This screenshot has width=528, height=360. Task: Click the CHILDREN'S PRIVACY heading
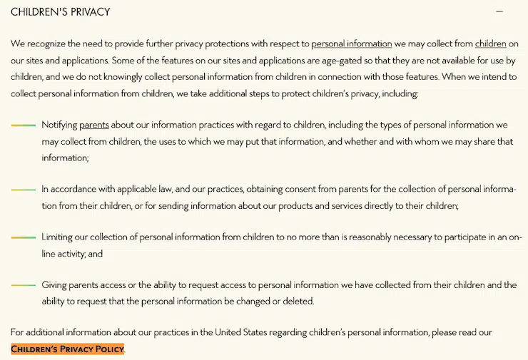pyautogui.click(x=61, y=12)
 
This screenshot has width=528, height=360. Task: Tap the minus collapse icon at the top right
pyautogui.click(x=499, y=11)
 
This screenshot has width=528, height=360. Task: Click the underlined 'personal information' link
pyautogui.click(x=351, y=43)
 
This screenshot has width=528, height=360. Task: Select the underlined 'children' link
pyautogui.click(x=490, y=43)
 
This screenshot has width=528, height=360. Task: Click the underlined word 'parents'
pyautogui.click(x=93, y=125)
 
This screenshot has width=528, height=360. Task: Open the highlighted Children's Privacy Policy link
pyautogui.click(x=67, y=349)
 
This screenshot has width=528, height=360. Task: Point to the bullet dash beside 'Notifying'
pyautogui.click(x=24, y=125)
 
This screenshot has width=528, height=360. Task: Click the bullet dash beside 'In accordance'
pyautogui.click(x=24, y=190)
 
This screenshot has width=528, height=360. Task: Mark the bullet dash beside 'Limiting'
pyautogui.click(x=24, y=237)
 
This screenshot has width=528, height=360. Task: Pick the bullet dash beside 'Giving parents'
pyautogui.click(x=24, y=285)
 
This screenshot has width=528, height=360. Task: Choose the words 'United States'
pyautogui.click(x=245, y=332)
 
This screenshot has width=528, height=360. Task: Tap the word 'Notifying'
pyautogui.click(x=59, y=125)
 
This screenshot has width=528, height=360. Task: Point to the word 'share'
pyautogui.click(x=465, y=141)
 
